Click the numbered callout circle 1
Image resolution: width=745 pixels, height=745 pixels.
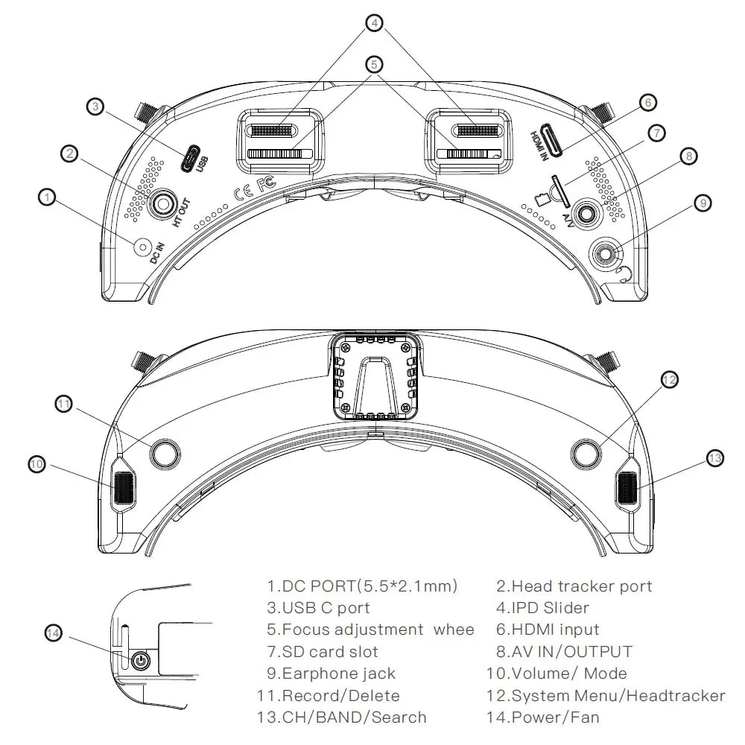pyautogui.click(x=46, y=197)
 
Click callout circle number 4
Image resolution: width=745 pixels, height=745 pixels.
pyautogui.click(x=374, y=23)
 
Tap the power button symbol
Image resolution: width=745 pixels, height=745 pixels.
pyautogui.click(x=141, y=660)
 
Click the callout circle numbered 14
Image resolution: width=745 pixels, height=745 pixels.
pyautogui.click(x=53, y=633)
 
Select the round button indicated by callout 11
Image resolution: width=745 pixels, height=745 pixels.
pyautogui.click(x=165, y=453)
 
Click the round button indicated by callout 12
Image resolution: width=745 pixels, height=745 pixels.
pyautogui.click(x=587, y=451)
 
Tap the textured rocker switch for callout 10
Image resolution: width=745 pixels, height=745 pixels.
pyautogui.click(x=124, y=488)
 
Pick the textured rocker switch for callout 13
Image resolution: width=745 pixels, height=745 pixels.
pyautogui.click(x=627, y=488)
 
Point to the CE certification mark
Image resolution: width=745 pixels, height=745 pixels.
pyautogui.click(x=242, y=194)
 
